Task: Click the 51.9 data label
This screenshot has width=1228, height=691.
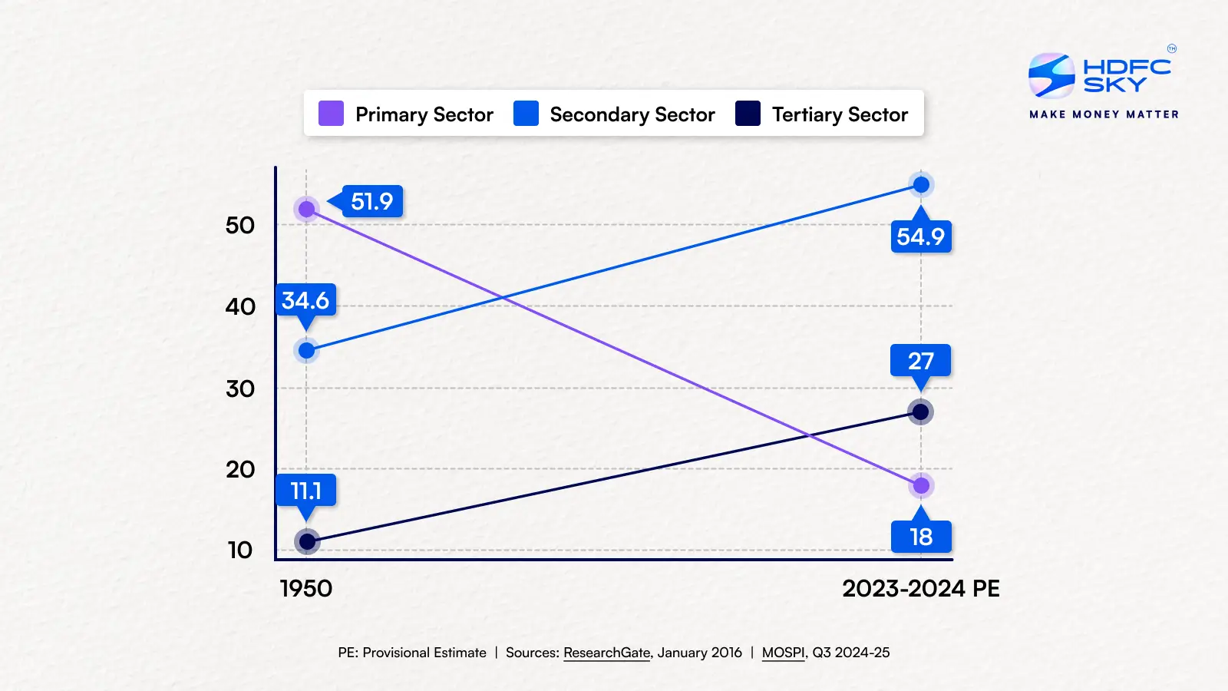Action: click(x=372, y=202)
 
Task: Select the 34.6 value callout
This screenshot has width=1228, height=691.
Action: click(x=305, y=300)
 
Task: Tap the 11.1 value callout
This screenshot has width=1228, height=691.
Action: click(x=305, y=491)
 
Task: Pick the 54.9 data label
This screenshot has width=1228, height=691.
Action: click(x=921, y=236)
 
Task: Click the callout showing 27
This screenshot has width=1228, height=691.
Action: click(x=921, y=361)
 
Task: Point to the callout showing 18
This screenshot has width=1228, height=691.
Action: click(x=921, y=537)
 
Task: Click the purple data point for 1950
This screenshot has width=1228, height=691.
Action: click(x=307, y=209)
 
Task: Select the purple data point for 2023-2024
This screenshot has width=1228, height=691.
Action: click(x=921, y=485)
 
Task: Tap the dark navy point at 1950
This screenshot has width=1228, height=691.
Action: click(x=307, y=542)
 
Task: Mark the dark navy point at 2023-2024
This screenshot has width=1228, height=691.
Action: click(x=920, y=412)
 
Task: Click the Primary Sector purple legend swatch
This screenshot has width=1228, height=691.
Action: click(x=331, y=114)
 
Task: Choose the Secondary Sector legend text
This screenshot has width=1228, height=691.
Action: click(x=632, y=114)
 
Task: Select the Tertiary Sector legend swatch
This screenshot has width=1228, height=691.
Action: click(x=748, y=114)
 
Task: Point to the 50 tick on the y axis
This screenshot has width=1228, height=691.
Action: click(x=240, y=226)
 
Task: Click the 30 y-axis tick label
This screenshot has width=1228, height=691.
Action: click(x=240, y=388)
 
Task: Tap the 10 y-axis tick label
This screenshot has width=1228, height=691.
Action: click(x=240, y=550)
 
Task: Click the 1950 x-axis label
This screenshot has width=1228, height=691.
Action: click(x=306, y=589)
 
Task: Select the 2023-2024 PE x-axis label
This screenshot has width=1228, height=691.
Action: click(x=921, y=589)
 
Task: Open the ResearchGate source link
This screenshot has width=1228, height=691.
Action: click(x=606, y=653)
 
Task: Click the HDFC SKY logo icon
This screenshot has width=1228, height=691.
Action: click(x=1051, y=75)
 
